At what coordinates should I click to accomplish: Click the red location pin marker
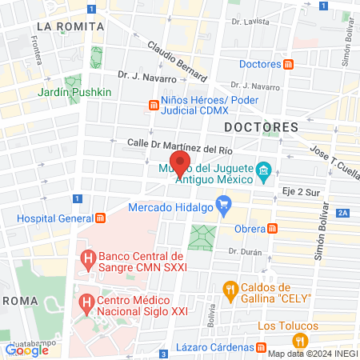click(x=180, y=162)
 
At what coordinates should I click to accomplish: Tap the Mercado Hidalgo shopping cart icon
click(x=224, y=206)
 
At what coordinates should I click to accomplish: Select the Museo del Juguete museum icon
click(x=262, y=170)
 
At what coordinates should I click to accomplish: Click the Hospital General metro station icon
click(x=101, y=218)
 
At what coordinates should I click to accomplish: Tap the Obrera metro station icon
click(x=274, y=229)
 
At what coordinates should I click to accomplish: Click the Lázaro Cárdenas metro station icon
click(x=262, y=347)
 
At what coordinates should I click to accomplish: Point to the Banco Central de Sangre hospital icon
click(x=88, y=259)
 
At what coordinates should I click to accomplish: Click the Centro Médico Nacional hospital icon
click(x=88, y=304)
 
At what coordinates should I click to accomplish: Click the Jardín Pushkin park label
click(x=74, y=92)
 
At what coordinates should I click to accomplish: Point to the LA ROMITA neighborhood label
click(x=70, y=26)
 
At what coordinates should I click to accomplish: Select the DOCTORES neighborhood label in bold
click(x=261, y=127)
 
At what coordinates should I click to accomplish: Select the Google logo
click(x=26, y=350)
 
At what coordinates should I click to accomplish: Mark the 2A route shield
click(x=343, y=212)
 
